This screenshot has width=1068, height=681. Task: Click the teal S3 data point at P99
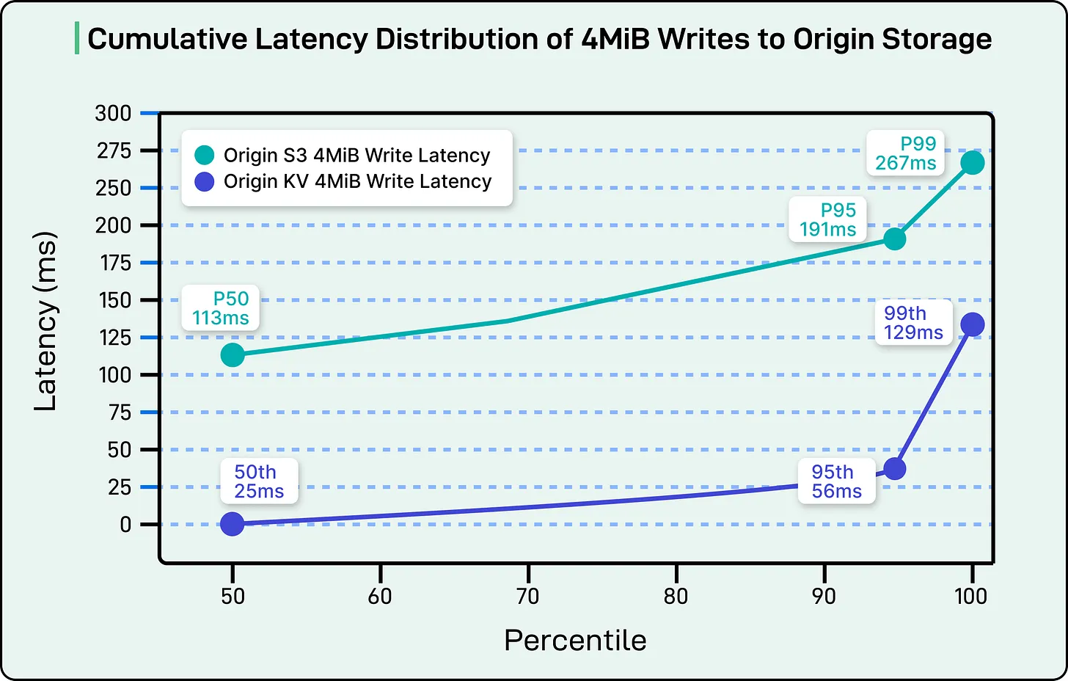972,162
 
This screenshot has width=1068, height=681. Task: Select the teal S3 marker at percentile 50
233,355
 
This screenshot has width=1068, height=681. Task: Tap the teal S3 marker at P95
894,238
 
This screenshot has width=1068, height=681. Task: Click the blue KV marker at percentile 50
233,524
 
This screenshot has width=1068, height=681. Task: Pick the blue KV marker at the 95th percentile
894,469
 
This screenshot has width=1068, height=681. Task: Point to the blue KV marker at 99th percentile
972,324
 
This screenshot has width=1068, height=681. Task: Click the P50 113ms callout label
221,308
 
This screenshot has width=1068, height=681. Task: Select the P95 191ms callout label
828,219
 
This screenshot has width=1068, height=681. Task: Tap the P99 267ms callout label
906,153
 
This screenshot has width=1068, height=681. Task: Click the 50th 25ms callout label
259,481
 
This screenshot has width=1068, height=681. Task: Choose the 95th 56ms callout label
836,481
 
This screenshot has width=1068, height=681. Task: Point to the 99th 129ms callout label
913,323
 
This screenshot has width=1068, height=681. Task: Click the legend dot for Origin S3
204,156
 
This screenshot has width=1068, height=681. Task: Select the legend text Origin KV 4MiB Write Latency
357,181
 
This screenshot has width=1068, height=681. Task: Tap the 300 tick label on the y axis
113,113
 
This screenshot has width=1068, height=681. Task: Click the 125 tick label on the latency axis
115,338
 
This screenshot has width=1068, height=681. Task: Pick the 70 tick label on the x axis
528,596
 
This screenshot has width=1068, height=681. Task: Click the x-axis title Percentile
575,641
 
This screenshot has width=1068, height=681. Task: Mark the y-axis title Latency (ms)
45,321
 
